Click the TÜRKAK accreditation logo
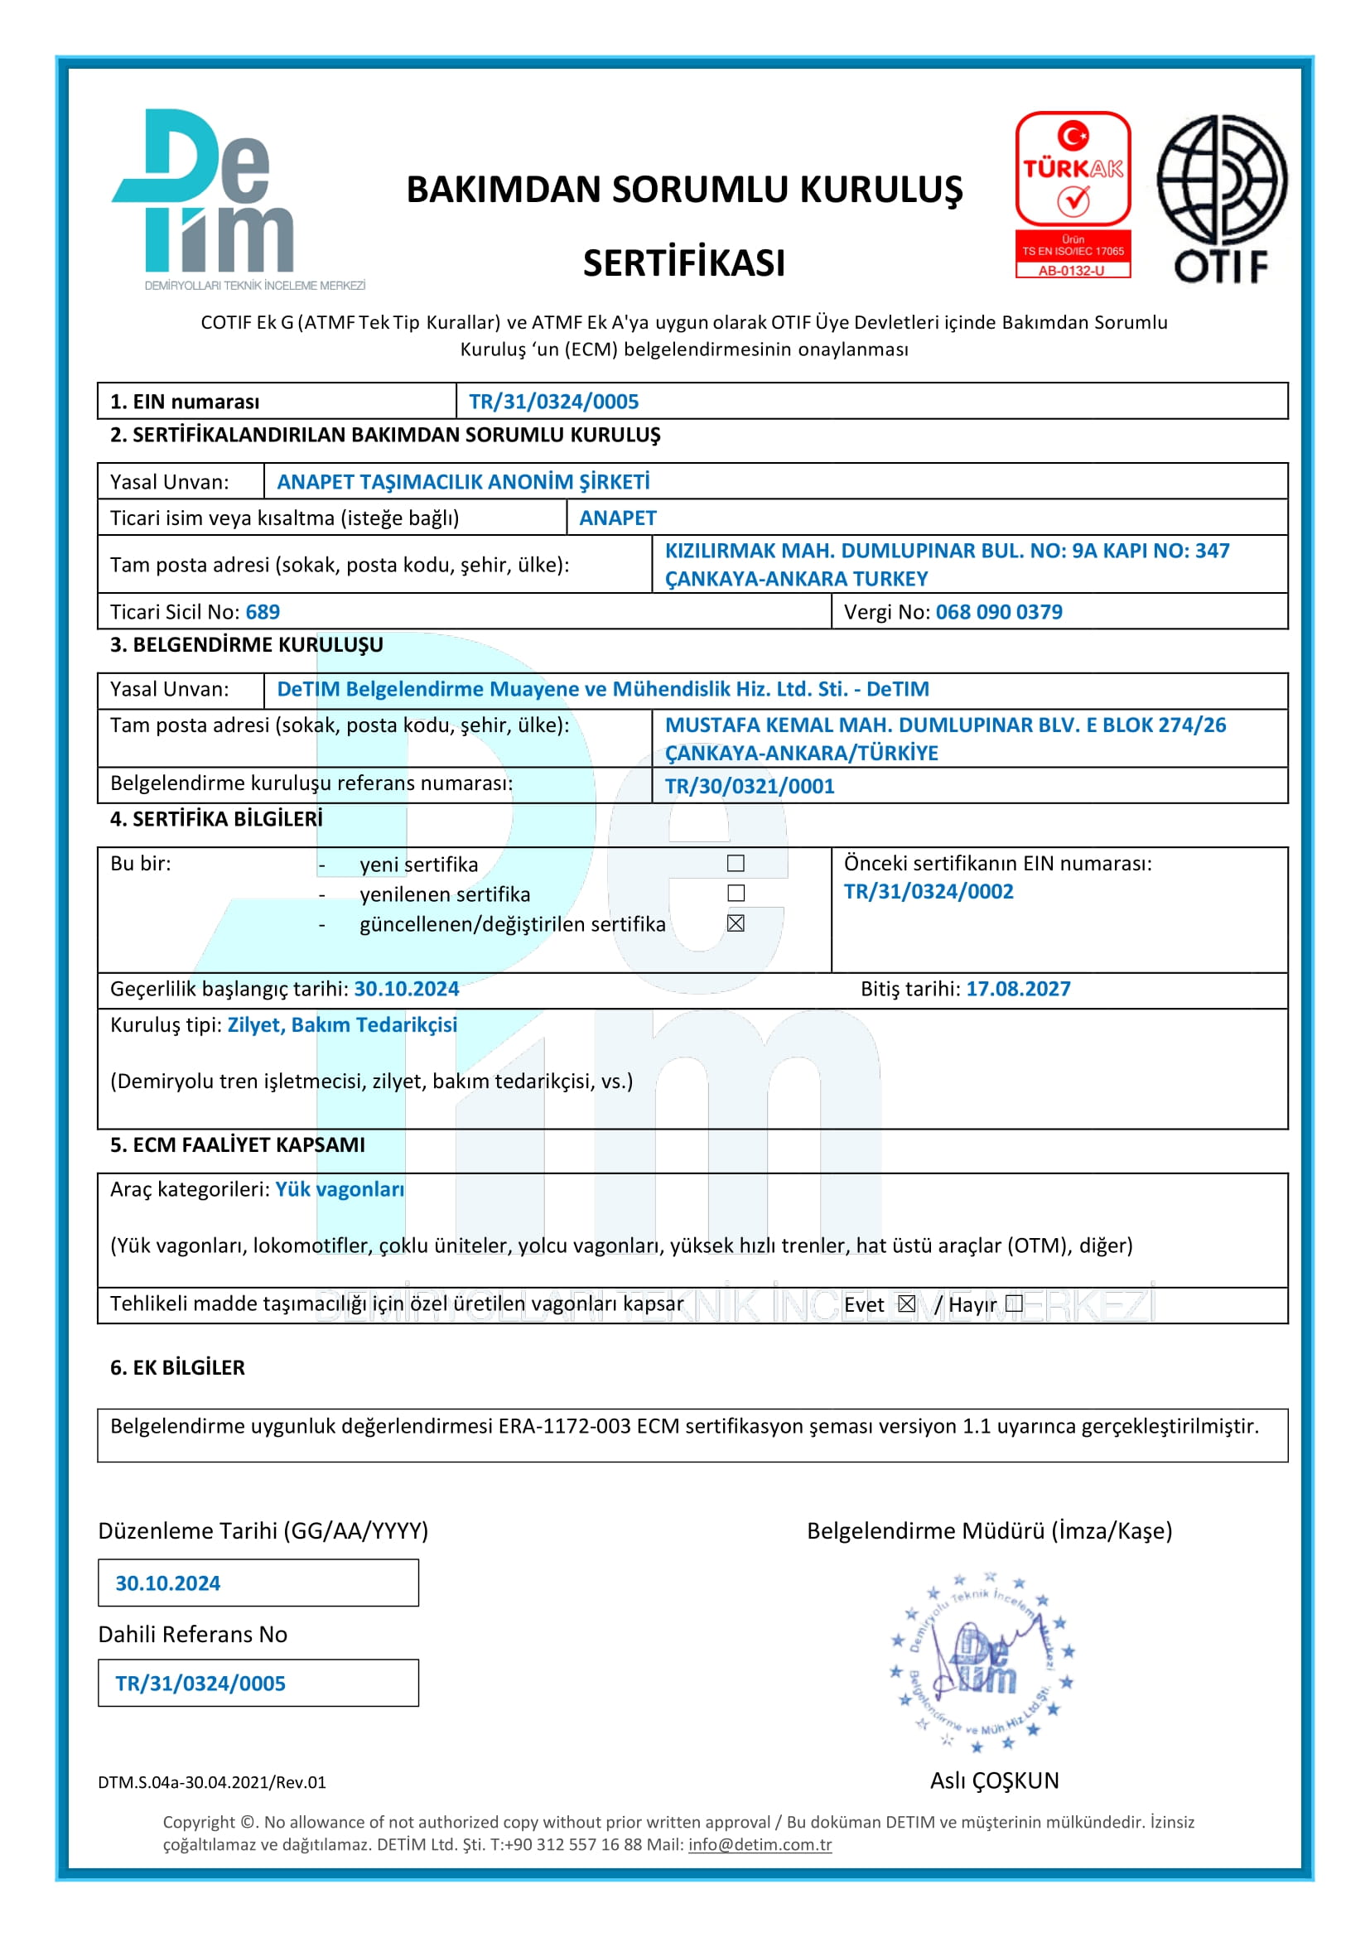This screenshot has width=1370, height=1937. point(1072,194)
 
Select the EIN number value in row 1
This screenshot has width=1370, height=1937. point(553,402)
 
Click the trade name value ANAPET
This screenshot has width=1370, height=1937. point(618,518)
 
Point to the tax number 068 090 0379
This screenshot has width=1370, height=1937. point(999,612)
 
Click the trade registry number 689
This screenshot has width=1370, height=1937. point(263,612)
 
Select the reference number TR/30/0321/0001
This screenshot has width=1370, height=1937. point(749,785)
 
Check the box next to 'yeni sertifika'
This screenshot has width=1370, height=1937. point(736,863)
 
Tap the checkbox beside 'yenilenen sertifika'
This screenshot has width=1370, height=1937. point(736,893)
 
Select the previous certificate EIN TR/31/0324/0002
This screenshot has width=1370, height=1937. point(929,891)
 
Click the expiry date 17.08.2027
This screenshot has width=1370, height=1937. point(1017,989)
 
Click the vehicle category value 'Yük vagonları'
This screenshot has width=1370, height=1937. point(339,1188)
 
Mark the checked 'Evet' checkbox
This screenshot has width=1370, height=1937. point(906,1303)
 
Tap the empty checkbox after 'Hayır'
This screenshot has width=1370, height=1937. point(1014,1303)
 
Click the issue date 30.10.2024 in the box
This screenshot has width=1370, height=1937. point(168,1583)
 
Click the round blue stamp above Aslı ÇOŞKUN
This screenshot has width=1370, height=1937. point(983,1662)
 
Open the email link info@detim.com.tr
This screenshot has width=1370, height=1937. point(760,1844)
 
